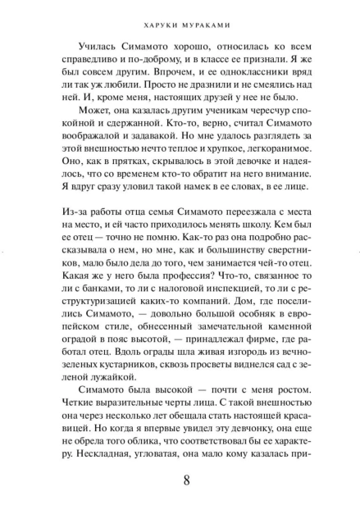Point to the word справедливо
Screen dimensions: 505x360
80,61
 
